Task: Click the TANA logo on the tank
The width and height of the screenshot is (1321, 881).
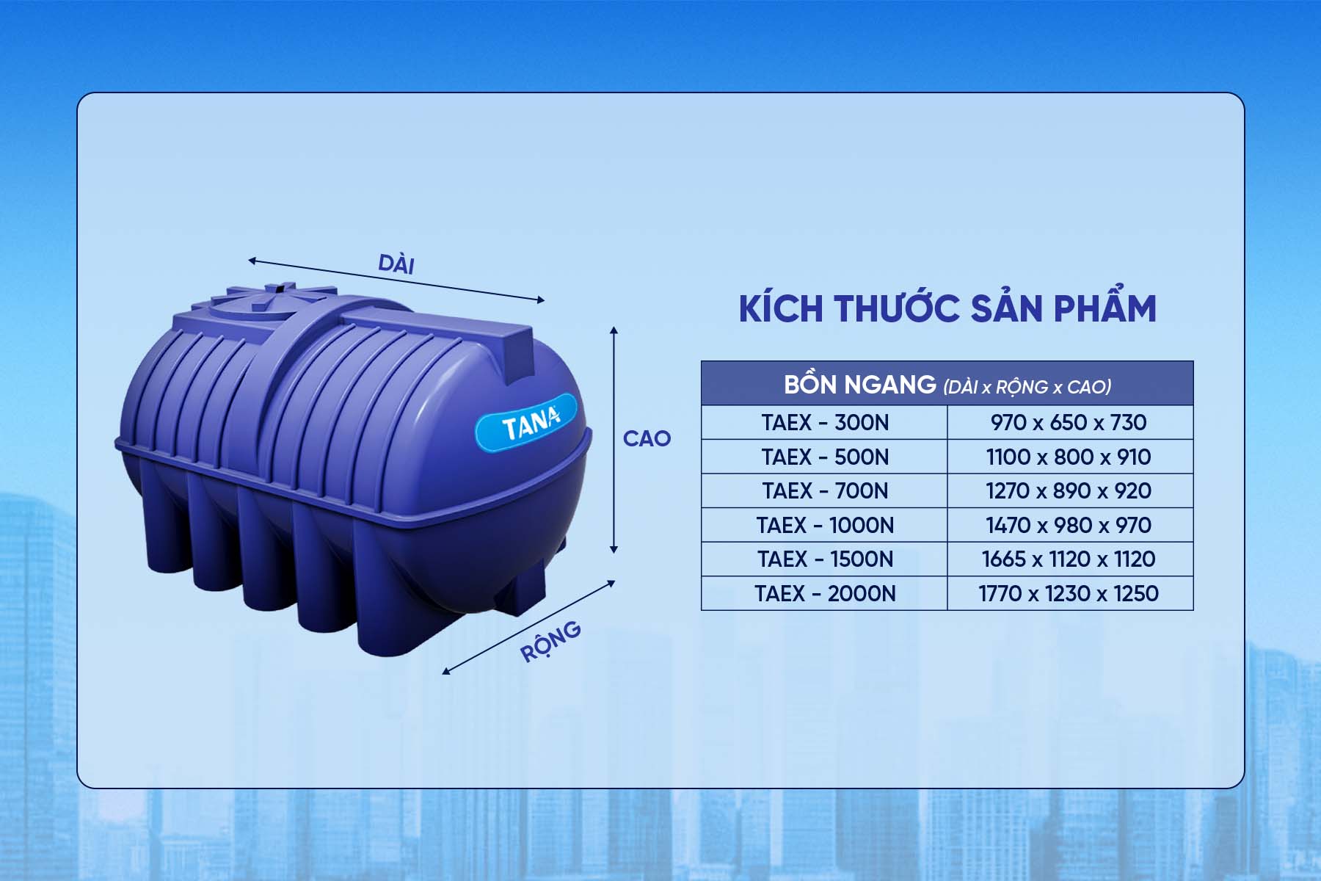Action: click(527, 422)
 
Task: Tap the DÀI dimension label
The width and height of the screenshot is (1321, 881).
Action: click(396, 264)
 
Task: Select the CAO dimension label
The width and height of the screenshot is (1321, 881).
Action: click(647, 438)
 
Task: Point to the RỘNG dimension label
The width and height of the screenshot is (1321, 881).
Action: click(550, 641)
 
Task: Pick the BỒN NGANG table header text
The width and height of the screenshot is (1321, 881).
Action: click(860, 385)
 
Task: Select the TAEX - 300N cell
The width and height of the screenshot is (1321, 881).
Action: click(825, 423)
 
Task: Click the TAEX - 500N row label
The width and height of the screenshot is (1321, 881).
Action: click(825, 457)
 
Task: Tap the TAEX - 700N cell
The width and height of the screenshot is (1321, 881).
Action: click(825, 490)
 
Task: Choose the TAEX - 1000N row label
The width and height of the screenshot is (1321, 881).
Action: click(825, 525)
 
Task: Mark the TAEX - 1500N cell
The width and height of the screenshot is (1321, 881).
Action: click(825, 559)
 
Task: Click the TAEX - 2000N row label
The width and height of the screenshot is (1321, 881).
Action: click(825, 593)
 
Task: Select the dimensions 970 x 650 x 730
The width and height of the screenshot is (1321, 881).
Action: click(1069, 423)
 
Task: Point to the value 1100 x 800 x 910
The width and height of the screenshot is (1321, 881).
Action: click(1069, 457)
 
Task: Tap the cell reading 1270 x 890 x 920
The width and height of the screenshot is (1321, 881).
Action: click(1069, 490)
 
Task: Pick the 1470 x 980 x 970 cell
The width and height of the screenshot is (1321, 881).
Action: click(1069, 525)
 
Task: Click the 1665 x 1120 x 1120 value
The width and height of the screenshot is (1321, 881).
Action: click(1069, 559)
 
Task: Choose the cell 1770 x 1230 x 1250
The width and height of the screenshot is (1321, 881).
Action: click(1069, 593)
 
